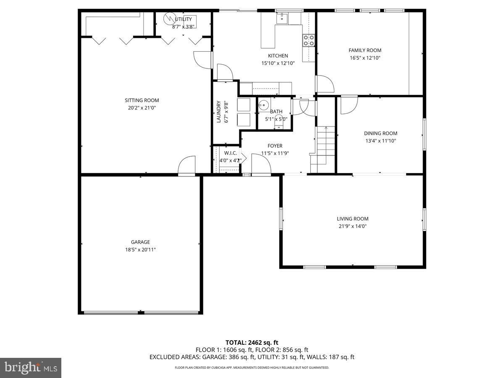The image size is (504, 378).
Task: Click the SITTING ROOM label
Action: [x=142, y=100]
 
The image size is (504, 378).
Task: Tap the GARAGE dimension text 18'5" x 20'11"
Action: [x=140, y=249]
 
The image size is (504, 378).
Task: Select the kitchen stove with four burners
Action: [x=308, y=40]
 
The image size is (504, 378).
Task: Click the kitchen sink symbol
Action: [x=282, y=18]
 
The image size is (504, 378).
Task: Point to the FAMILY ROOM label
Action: [x=365, y=50]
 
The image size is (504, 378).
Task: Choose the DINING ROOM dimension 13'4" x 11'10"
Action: [x=381, y=141]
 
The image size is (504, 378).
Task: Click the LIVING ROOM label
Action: [x=352, y=219]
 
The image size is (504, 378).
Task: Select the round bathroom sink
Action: [x=263, y=105]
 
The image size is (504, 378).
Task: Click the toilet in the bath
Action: [x=279, y=125]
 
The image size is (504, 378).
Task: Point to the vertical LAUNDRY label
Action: [x=218, y=112]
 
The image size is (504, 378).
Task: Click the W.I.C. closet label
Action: [x=230, y=153]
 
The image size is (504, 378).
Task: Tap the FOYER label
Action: [x=275, y=146]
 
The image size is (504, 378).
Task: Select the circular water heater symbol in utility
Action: [x=170, y=18]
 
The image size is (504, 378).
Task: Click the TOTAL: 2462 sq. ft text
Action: [x=252, y=342]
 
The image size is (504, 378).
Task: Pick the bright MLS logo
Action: [x=31, y=367]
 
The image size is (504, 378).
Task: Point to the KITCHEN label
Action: [x=278, y=56]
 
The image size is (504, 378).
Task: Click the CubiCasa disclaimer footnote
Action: [x=252, y=367]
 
